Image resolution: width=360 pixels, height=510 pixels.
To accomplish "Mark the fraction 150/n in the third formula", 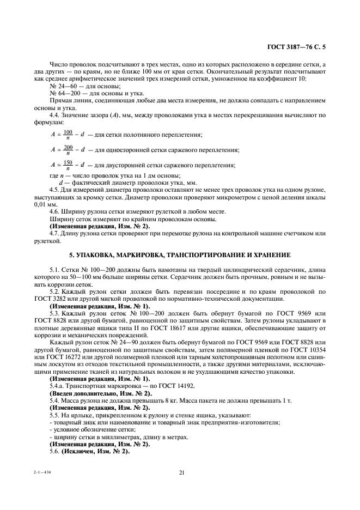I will (68, 165).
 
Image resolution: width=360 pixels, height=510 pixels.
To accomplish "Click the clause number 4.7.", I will (54, 233).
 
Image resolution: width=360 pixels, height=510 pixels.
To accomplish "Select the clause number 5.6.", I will (54, 452).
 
